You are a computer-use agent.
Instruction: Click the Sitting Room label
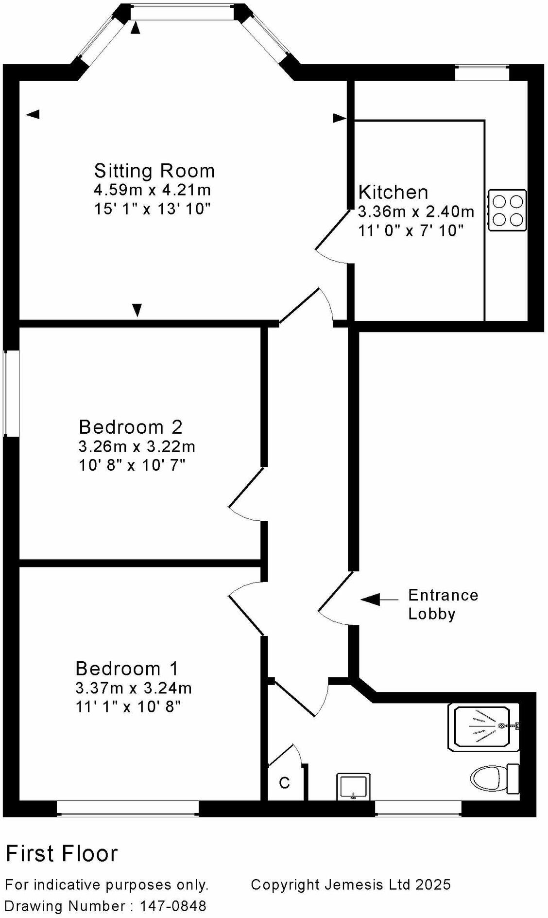coord(154,171)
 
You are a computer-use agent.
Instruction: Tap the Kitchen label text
coord(393,192)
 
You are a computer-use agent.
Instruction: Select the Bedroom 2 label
coord(130,427)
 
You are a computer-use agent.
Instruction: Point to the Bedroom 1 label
coord(127,669)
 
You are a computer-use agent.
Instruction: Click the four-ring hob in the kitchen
coord(507,210)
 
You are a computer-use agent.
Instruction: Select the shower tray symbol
coord(483,727)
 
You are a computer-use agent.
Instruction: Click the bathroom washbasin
coord(353,786)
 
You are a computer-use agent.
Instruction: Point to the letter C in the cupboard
coord(285,783)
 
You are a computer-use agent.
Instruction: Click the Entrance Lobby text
coord(443,604)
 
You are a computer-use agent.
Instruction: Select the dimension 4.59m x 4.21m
coord(152,190)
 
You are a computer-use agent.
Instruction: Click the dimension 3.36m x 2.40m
coord(416,212)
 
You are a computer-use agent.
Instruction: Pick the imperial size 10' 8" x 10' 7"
coord(132,465)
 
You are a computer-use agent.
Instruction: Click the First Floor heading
coord(62,853)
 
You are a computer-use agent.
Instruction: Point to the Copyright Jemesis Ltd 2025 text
coord(350,884)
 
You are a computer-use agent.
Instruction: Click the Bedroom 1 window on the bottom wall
coord(127,808)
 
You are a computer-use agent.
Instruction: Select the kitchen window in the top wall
coord(481,73)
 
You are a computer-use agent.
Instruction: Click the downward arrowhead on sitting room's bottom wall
coord(137,310)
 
